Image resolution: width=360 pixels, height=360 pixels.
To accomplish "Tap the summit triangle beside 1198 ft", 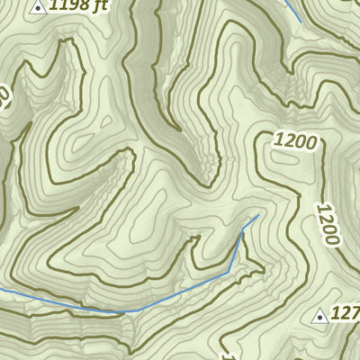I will [x=37, y=7].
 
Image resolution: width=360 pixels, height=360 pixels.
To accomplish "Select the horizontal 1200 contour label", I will [x=296, y=141].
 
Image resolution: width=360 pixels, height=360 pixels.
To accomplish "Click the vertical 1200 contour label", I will [x=328, y=221].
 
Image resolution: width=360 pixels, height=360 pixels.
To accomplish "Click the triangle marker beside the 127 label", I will [x=318, y=315].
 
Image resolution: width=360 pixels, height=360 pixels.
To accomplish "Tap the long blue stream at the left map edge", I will [x=4, y=292].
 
